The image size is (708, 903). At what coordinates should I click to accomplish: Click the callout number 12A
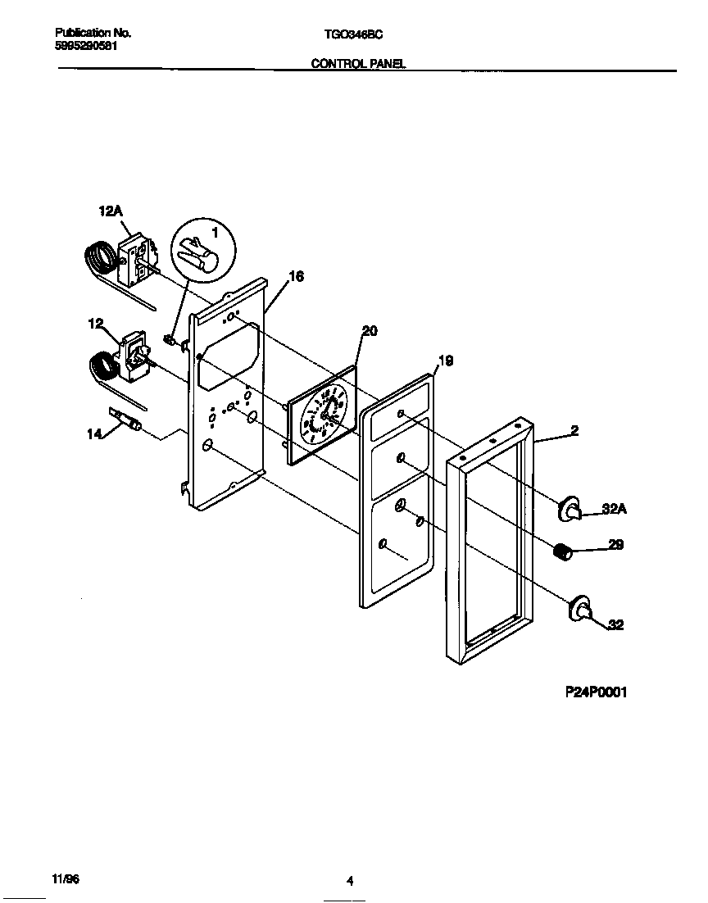tap(110, 211)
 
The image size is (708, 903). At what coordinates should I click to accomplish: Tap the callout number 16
tap(296, 277)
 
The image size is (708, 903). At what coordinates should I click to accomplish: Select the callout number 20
tap(370, 330)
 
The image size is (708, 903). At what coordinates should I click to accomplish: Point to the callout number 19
tap(445, 361)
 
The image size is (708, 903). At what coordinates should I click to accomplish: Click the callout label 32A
tap(615, 509)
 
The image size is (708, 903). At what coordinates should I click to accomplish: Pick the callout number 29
tap(615, 544)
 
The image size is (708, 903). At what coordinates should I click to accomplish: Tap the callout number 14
tap(95, 433)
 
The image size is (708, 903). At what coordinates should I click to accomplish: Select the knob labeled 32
tap(580, 609)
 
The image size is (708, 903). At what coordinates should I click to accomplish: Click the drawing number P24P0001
tap(596, 692)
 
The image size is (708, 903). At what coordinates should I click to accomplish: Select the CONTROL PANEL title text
tap(358, 63)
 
